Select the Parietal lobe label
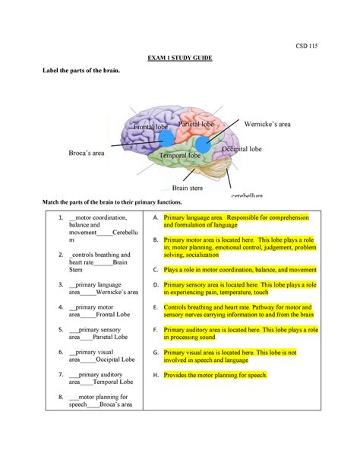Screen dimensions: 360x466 196,123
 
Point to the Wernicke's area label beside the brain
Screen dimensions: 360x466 267,123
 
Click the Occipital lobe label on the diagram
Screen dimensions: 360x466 242,150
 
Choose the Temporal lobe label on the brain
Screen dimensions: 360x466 180,156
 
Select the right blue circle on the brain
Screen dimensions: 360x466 203,145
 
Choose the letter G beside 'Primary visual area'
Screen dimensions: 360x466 155,353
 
